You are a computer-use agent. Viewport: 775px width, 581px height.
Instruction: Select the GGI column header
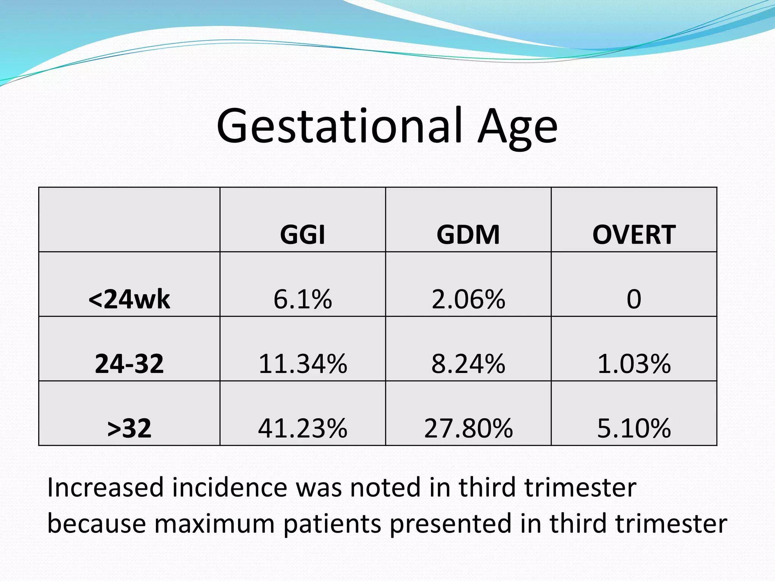(x=302, y=235)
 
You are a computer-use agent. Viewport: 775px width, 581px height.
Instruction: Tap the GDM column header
(x=468, y=235)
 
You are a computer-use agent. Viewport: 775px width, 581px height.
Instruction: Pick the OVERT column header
(x=634, y=235)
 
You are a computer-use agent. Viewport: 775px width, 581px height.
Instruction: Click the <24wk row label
(x=129, y=299)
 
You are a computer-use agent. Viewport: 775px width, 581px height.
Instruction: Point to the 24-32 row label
(x=129, y=364)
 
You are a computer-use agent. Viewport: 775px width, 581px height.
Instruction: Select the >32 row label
(x=129, y=429)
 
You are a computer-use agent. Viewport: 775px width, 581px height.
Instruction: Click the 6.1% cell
(x=302, y=299)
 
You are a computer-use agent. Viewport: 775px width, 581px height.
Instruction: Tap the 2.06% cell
(x=468, y=299)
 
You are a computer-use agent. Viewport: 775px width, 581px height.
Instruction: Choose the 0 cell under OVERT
(x=634, y=299)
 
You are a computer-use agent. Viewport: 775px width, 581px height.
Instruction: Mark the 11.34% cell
(x=302, y=364)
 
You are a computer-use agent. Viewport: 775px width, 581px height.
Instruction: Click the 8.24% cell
(x=468, y=364)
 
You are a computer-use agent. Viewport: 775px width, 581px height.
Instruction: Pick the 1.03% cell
(x=634, y=364)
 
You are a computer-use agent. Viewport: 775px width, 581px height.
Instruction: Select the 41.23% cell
(x=302, y=429)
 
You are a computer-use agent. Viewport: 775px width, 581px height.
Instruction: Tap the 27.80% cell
(x=468, y=429)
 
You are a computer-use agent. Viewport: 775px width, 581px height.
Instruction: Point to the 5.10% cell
(x=634, y=429)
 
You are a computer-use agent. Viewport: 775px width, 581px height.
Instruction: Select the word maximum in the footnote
(x=214, y=524)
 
